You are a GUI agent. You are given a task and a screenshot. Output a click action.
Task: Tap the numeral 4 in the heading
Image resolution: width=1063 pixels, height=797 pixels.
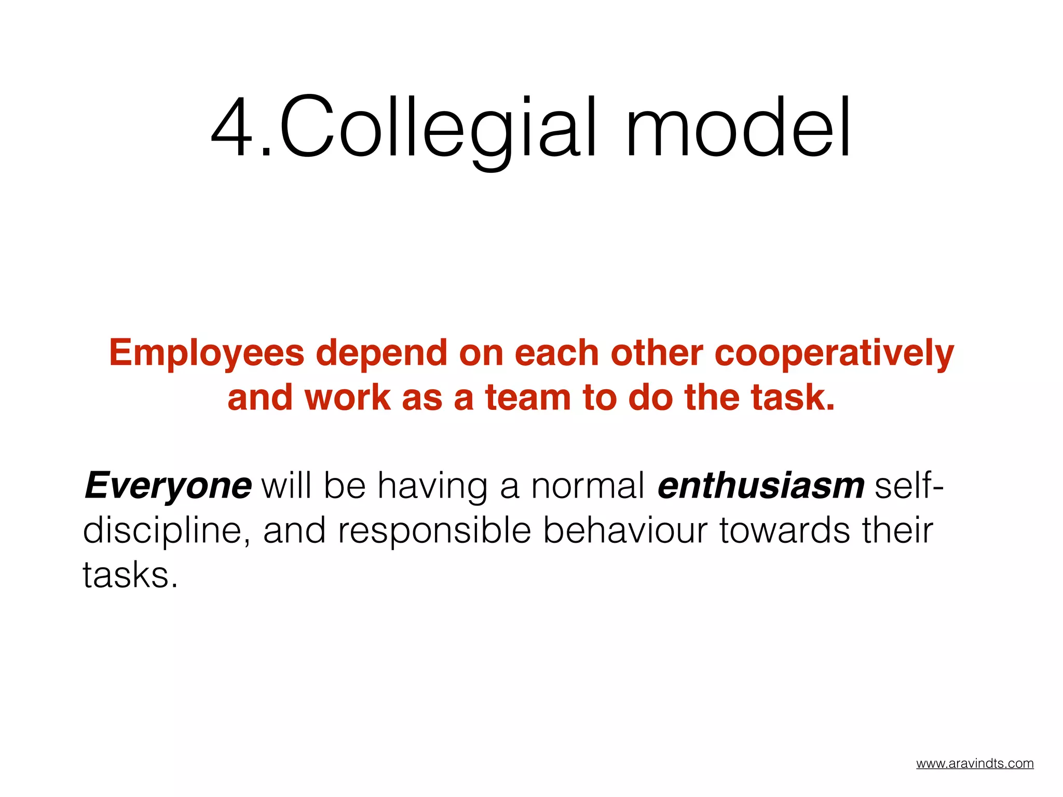[x=234, y=127]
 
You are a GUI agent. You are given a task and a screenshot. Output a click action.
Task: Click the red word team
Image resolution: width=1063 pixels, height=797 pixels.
[x=528, y=398]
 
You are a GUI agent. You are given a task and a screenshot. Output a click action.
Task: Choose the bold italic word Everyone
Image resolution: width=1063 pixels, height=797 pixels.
[x=168, y=487]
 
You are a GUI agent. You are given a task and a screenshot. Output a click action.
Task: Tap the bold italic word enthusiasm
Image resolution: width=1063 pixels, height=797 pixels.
[x=761, y=487]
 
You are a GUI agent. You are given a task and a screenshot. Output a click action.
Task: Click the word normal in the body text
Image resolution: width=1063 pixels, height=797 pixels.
[x=588, y=487]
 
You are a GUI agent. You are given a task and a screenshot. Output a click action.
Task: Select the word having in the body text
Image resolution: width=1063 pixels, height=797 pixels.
[x=432, y=487]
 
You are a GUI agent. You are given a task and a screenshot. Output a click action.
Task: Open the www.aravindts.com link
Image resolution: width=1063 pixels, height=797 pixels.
[x=975, y=764]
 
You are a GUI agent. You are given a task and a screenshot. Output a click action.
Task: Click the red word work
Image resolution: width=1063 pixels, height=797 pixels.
[x=347, y=398]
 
